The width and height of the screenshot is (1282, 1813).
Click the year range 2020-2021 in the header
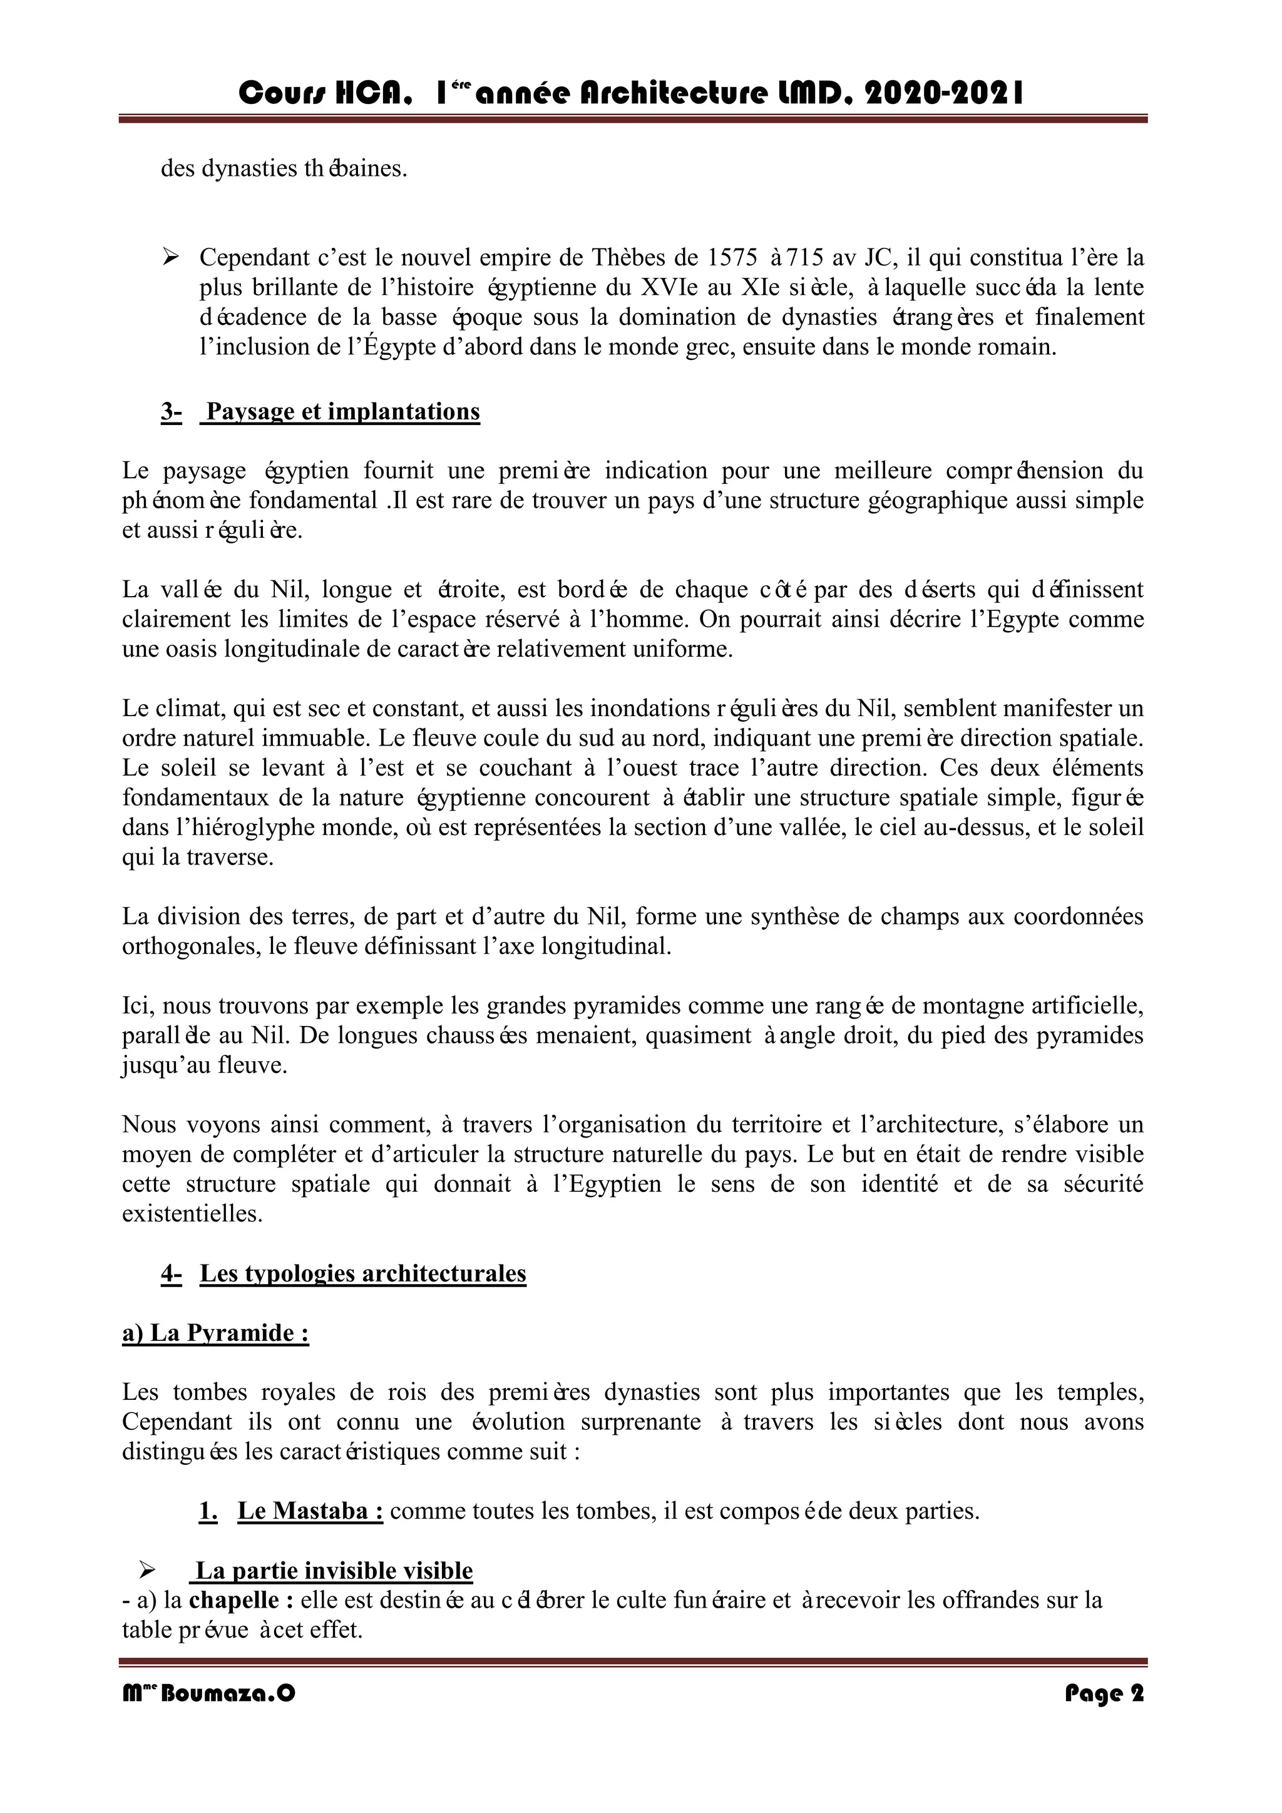944,95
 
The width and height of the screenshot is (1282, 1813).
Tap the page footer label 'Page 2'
1104,1694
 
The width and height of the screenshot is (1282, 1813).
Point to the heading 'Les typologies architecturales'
362,1273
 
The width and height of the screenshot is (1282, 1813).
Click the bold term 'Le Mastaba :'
310,1511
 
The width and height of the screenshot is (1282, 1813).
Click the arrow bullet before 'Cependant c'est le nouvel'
170,257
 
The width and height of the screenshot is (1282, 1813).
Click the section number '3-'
172,411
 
